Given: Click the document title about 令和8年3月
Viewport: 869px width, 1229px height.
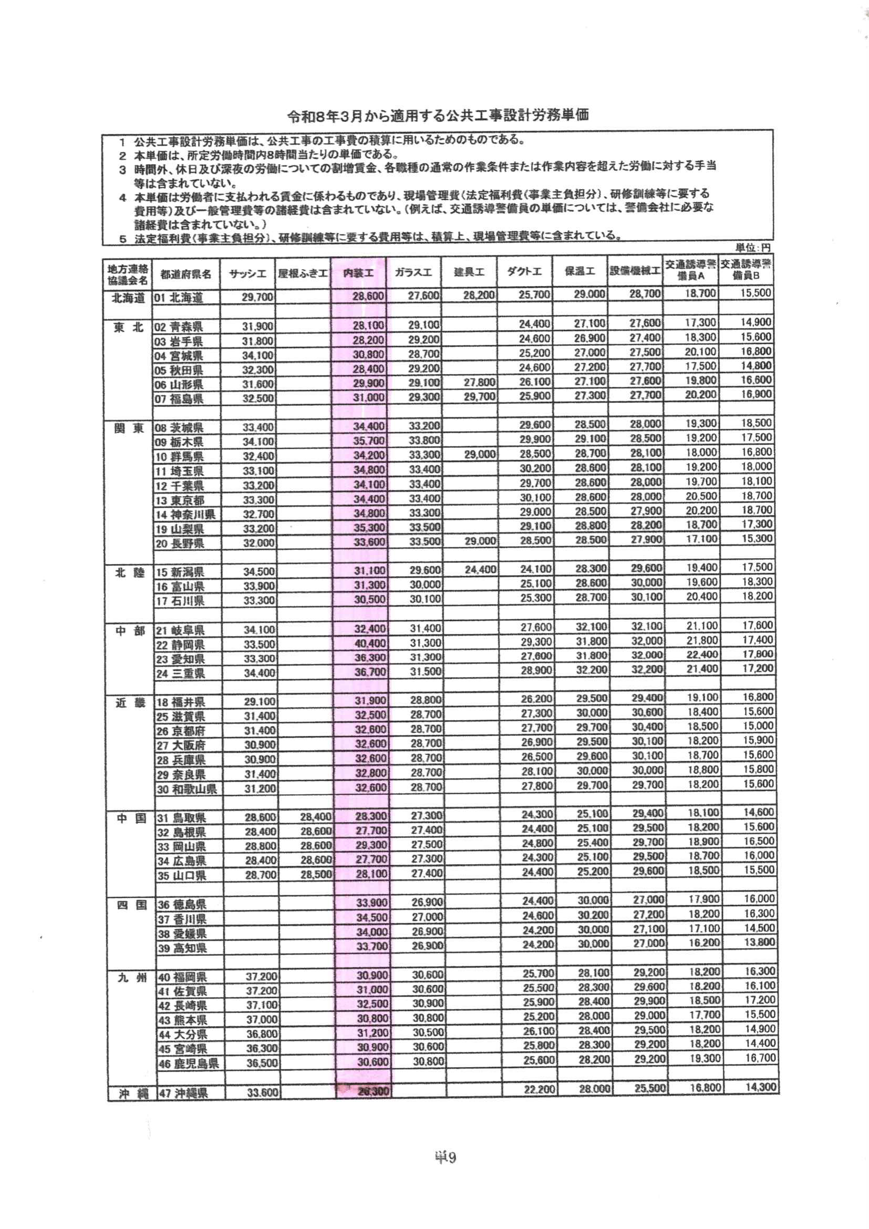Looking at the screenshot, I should tap(438, 116).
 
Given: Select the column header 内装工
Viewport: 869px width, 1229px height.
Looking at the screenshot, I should tap(358, 273).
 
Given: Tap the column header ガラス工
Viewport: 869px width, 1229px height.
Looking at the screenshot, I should tap(413, 273).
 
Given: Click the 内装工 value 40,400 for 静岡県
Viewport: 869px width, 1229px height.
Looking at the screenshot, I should tap(370, 644).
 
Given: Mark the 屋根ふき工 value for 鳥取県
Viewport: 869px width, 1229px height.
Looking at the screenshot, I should tap(315, 817).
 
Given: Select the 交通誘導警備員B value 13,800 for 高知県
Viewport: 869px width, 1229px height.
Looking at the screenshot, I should tap(758, 941).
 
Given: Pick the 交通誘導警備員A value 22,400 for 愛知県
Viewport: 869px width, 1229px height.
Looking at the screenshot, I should tap(701, 656).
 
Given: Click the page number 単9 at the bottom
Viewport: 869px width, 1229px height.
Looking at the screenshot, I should tap(444, 1159).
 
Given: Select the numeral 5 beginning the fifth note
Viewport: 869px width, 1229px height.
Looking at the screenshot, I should tap(123, 239).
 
